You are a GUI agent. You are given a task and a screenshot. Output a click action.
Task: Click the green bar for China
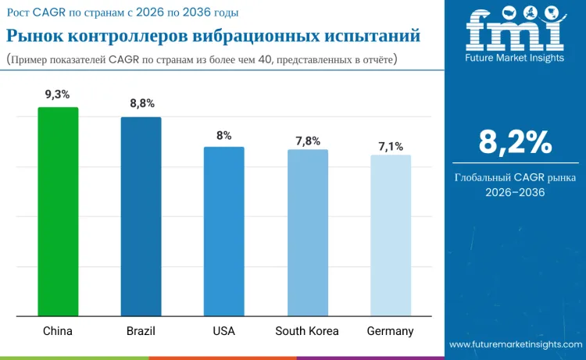58,212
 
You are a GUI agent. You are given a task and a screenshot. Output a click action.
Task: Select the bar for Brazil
141,217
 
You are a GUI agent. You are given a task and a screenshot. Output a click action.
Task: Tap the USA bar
223,232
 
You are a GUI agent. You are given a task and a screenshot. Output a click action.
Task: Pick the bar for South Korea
307,233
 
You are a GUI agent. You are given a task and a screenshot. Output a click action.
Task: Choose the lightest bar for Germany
390,236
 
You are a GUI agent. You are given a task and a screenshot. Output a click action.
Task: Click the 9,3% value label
58,94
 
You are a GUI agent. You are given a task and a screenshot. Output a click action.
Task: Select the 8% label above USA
224,134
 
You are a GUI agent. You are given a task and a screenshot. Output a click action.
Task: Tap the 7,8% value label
307,141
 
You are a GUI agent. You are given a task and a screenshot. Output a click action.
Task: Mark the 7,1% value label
391,146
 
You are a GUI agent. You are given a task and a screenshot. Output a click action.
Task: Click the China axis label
58,331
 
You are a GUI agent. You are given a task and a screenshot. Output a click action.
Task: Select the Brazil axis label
141,331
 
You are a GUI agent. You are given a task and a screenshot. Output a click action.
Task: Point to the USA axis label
223,331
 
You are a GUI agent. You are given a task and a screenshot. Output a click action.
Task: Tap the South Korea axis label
307,331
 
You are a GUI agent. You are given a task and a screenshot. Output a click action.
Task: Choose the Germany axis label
390,331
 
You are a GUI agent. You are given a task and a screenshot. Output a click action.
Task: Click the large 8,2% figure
515,142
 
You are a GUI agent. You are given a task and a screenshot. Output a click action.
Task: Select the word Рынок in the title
34,36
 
